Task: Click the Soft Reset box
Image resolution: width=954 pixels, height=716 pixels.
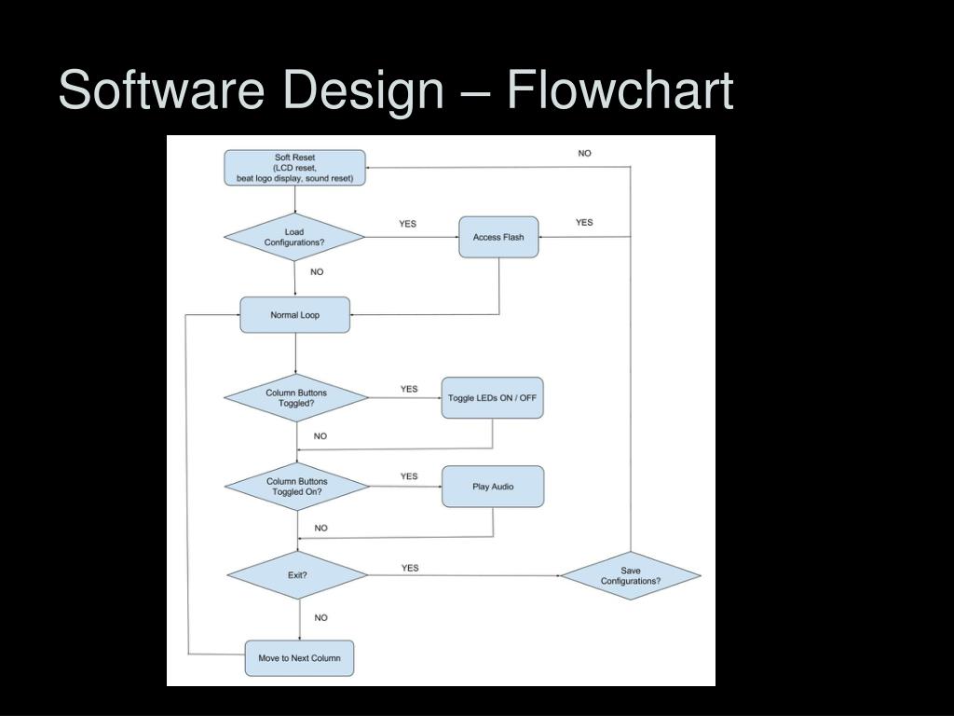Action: click(x=294, y=168)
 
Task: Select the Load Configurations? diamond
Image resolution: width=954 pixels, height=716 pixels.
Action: click(x=294, y=237)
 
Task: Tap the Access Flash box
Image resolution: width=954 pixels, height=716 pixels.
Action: click(x=498, y=237)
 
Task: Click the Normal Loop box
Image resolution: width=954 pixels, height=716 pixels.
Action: click(x=295, y=315)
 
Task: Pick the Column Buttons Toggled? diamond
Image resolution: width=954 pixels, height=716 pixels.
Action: click(x=296, y=397)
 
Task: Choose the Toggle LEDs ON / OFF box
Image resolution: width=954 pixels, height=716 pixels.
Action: click(x=492, y=397)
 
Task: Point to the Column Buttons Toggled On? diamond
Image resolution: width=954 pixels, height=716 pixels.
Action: click(x=297, y=487)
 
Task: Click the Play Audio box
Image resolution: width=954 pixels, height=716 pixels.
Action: click(x=493, y=487)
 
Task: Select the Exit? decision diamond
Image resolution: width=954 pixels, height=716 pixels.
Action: click(x=297, y=574)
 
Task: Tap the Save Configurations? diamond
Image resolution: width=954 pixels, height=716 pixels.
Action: click(x=631, y=575)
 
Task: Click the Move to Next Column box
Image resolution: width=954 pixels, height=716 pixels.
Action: click(x=299, y=658)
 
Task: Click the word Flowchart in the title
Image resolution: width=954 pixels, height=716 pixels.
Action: click(x=620, y=89)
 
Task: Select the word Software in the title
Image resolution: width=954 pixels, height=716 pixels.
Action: click(x=161, y=89)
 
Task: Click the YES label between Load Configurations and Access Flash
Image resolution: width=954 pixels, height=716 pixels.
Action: click(x=408, y=224)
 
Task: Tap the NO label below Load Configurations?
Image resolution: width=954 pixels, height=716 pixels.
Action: click(x=317, y=271)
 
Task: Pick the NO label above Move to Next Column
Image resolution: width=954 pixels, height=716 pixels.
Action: click(x=320, y=617)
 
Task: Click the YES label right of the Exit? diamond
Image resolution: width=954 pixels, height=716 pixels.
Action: click(x=410, y=568)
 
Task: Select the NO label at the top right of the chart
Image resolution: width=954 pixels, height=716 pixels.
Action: click(x=585, y=154)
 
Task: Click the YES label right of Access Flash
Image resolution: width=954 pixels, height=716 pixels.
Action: click(x=584, y=222)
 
